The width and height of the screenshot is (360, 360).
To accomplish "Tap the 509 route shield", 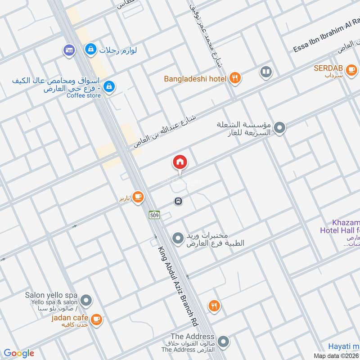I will point(154,215).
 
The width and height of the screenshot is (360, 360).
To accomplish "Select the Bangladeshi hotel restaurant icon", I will point(234,78).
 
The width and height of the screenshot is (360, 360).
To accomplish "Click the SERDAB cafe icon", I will point(351,70).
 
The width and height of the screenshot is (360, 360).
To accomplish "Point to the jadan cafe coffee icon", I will point(96,319).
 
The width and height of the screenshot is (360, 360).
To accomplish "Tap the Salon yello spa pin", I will point(86,299).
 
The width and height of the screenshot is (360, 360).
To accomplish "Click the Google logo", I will point(18,353).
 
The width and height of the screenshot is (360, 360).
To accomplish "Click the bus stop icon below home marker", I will point(178,201).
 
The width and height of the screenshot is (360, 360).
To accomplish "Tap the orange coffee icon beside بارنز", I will point(138,197).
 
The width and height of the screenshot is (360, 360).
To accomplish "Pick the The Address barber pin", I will point(222,342).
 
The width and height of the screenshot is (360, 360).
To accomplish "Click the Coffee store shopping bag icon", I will point(108,86).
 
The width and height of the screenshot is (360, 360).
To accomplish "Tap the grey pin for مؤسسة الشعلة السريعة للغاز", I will point(279,128).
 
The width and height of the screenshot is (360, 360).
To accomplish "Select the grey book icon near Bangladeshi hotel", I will point(266,72).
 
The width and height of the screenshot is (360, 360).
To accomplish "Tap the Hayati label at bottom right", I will point(343,346).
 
